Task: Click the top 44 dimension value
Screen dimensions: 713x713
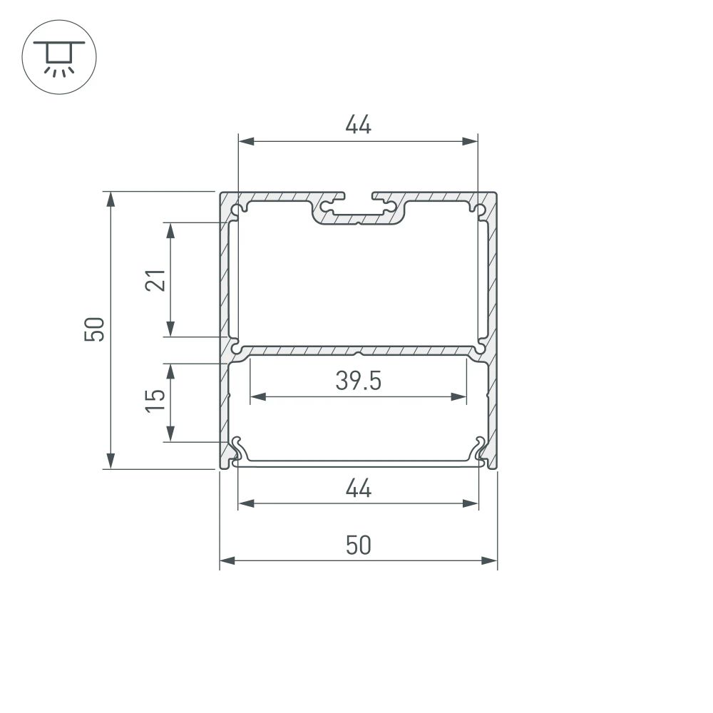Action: (358, 125)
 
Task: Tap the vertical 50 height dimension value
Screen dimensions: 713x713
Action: (95, 329)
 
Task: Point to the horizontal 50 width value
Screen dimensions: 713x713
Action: (358, 545)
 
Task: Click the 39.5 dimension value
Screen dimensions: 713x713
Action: (358, 381)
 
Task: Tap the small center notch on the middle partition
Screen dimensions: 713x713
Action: (358, 352)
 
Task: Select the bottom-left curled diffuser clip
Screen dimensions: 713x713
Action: (238, 449)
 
